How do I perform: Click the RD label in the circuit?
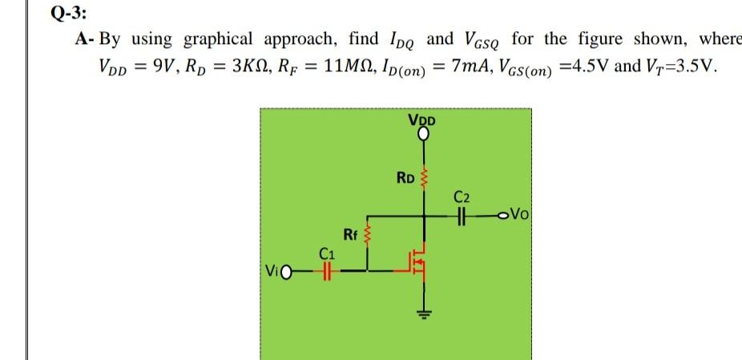(x=405, y=176)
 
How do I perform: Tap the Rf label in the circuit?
(x=349, y=234)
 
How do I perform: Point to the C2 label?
(x=462, y=196)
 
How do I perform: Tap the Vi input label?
(x=273, y=273)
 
